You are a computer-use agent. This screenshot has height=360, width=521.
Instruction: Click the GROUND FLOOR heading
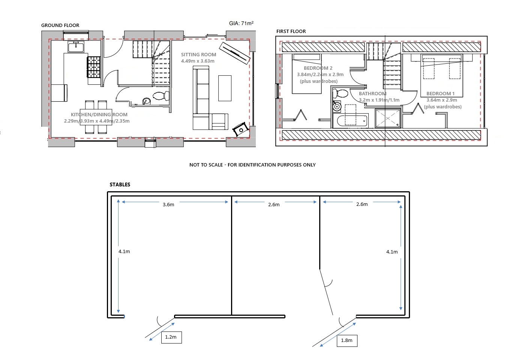(x=60, y=25)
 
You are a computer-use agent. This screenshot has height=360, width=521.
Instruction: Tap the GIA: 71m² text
(x=241, y=23)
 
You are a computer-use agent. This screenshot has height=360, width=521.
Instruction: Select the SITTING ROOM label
(x=199, y=55)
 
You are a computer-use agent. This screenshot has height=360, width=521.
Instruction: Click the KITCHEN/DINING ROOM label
(x=99, y=115)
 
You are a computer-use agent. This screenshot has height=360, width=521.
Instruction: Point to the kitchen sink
(x=76, y=47)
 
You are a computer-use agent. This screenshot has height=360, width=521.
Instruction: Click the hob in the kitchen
(x=94, y=67)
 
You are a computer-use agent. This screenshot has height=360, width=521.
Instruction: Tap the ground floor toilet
(x=161, y=96)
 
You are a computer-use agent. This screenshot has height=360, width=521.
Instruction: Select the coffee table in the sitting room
(x=225, y=88)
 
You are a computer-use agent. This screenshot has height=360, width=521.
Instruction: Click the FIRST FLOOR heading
(x=291, y=31)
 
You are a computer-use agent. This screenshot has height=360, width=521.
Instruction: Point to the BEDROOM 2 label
(x=318, y=68)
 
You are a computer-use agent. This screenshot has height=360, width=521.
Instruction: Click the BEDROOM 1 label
(x=440, y=94)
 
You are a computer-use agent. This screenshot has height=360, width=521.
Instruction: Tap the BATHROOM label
(x=372, y=94)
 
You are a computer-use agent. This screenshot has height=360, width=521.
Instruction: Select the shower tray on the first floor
(x=388, y=118)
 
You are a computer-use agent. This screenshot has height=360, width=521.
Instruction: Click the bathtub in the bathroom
(x=350, y=120)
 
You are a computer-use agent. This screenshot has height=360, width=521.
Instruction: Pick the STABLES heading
(x=120, y=184)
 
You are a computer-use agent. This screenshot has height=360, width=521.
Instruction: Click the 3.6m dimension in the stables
(x=168, y=205)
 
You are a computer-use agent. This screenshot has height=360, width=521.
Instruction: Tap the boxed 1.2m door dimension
(x=171, y=337)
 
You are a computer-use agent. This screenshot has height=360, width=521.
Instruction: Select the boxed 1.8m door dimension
(x=347, y=341)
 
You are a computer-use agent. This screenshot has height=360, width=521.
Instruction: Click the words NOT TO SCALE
(x=206, y=165)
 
